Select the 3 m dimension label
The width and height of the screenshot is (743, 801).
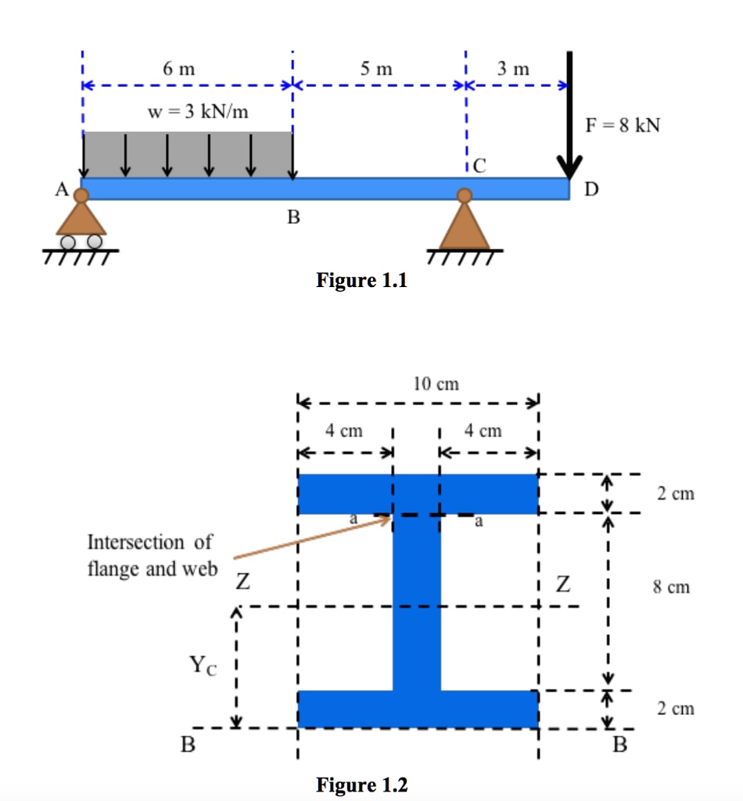[513, 68]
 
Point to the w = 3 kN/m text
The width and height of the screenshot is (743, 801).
[199, 111]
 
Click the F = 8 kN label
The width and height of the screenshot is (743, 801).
[623, 126]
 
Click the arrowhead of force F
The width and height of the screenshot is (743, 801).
[569, 167]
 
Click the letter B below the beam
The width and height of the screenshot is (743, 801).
[293, 217]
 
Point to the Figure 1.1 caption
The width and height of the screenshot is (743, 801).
[361, 280]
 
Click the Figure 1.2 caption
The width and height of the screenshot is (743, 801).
[361, 784]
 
